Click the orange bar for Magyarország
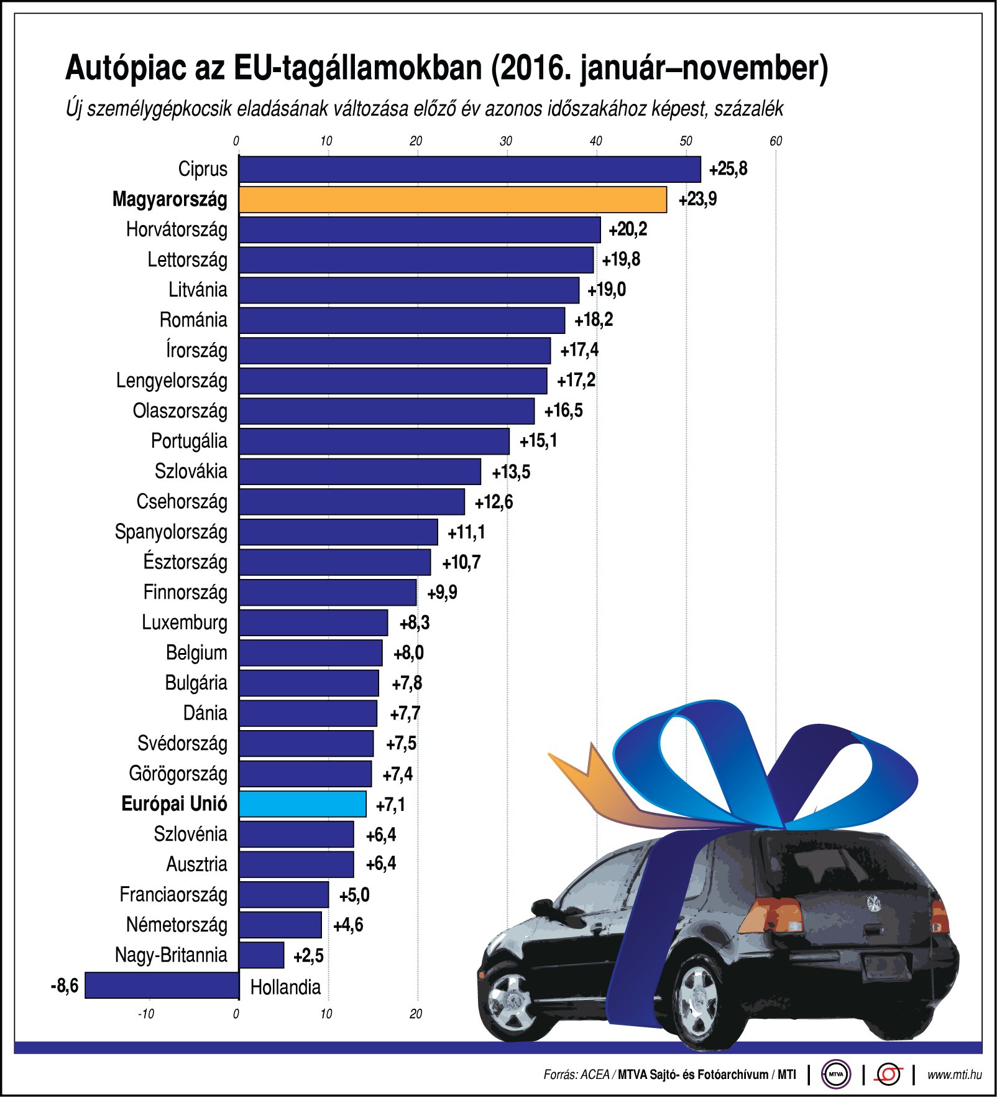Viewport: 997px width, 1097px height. pos(453,200)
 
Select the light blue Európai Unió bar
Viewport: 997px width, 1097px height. pos(303,804)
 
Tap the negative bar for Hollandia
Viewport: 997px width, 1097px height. pos(162,986)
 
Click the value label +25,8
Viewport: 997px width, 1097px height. pos(728,169)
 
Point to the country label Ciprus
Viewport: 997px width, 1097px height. pos(203,169)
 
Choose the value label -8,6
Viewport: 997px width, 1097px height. pos(65,986)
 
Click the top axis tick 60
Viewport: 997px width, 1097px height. pos(776,141)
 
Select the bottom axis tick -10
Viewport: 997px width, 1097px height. pos(145,1014)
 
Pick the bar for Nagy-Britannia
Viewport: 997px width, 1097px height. pos(262,955)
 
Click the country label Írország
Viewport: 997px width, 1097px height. pos(196,350)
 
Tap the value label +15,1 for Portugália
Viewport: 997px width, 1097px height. pos(538,441)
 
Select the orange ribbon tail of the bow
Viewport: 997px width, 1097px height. pos(590,784)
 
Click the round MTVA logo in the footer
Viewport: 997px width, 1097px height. pos(836,1074)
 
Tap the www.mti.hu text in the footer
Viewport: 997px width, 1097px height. pos(954,1075)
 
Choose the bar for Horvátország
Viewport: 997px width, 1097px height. pos(420,229)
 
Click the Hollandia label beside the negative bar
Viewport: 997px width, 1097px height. pos(285,987)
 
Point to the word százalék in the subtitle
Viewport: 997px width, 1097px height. pos(748,109)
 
